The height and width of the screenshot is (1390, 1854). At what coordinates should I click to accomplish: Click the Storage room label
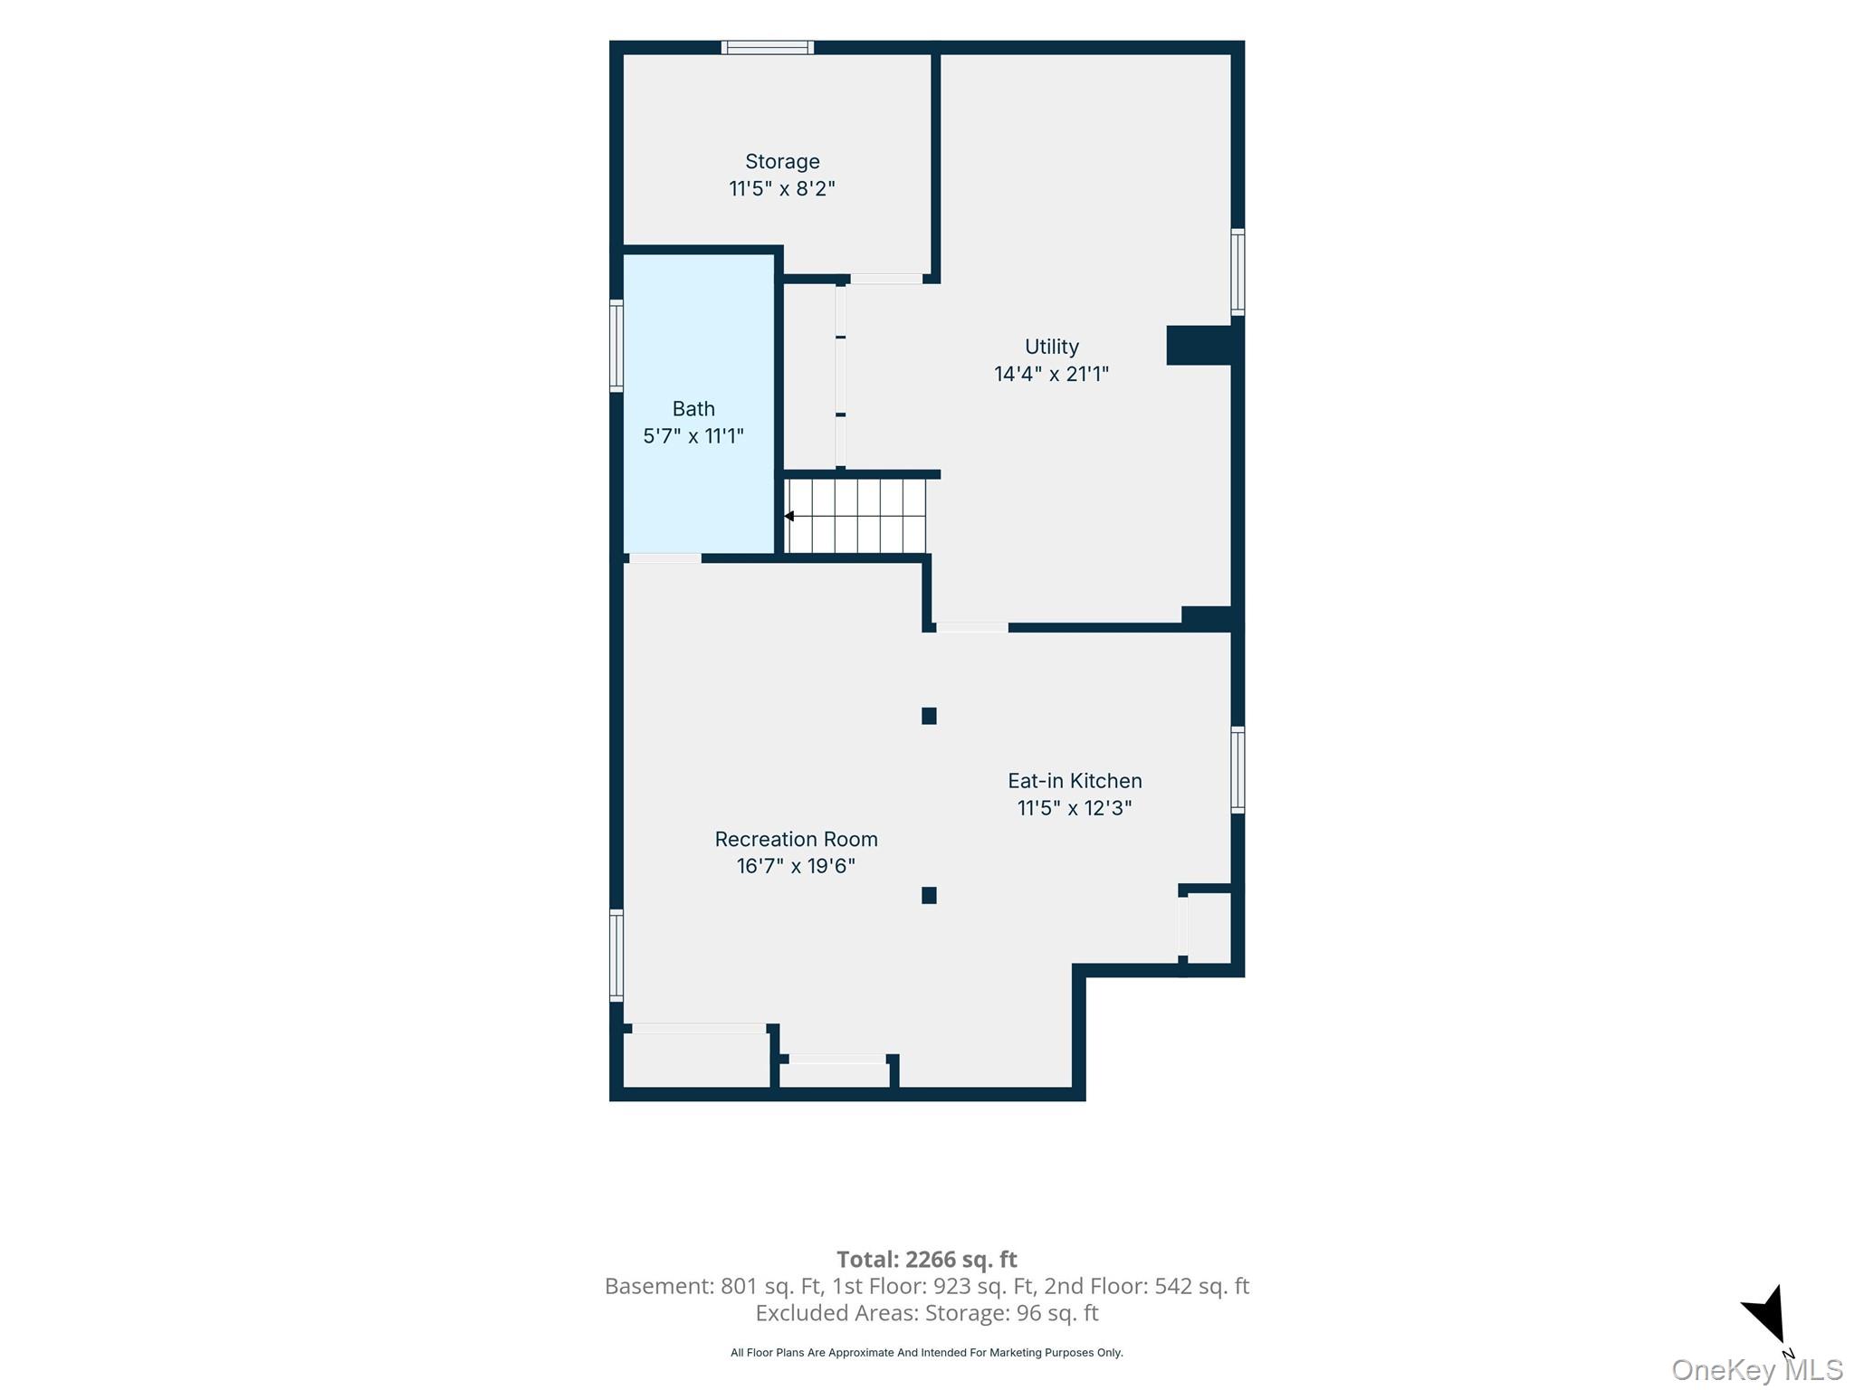[782, 162]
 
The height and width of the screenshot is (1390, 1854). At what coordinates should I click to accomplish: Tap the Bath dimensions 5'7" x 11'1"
[693, 436]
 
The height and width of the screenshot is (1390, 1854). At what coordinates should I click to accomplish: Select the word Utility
[1052, 347]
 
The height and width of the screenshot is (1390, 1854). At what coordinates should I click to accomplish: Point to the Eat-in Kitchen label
[1075, 780]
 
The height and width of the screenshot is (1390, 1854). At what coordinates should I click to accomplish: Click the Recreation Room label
[796, 839]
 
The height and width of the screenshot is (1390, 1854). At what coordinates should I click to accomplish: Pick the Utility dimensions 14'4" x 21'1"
[1051, 374]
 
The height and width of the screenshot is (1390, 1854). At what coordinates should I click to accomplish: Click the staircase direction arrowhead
[788, 516]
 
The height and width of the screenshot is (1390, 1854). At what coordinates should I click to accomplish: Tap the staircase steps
[855, 516]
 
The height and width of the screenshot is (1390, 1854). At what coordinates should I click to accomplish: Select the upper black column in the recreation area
[929, 716]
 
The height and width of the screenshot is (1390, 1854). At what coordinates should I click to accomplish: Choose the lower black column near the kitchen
[929, 895]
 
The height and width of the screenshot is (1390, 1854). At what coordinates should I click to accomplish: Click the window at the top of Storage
[768, 47]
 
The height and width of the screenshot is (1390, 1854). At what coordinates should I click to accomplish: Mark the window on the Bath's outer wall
[616, 346]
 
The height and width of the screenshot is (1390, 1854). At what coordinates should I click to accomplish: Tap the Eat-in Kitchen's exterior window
[1238, 769]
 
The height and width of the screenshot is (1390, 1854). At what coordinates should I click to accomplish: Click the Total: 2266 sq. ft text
[927, 1259]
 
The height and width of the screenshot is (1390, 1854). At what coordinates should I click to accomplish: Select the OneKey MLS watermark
[1757, 1369]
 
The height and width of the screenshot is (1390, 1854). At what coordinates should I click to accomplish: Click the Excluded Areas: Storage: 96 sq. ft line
[927, 1312]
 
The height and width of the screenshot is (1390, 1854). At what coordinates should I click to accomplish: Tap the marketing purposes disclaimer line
[927, 1353]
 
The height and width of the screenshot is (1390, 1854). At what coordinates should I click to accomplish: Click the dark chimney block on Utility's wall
[1199, 345]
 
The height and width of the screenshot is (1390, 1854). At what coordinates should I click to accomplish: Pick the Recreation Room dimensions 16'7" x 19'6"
[796, 866]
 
